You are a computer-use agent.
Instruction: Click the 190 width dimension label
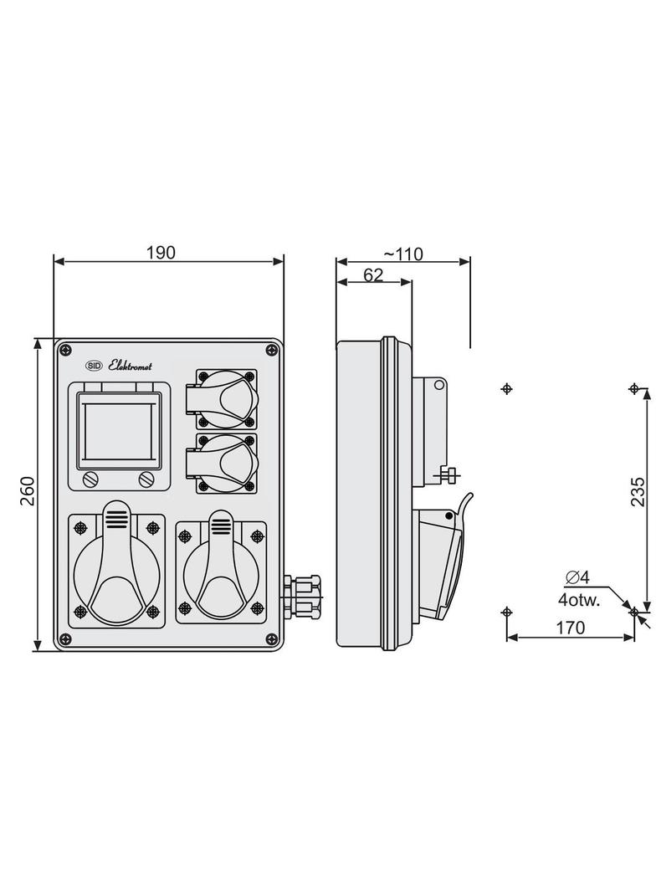pyautogui.click(x=161, y=253)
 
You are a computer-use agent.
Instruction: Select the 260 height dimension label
pyautogui.click(x=28, y=491)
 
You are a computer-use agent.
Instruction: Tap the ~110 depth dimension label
pyautogui.click(x=402, y=254)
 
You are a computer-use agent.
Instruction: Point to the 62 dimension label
pyautogui.click(x=373, y=274)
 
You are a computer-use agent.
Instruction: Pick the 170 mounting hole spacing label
pyautogui.click(x=570, y=628)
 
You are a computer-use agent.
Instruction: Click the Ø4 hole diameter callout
pyautogui.click(x=577, y=577)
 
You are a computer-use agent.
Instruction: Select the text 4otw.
pyautogui.click(x=579, y=600)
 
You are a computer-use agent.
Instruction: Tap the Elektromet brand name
pyautogui.click(x=131, y=366)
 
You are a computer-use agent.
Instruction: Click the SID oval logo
pyautogui.click(x=94, y=367)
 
